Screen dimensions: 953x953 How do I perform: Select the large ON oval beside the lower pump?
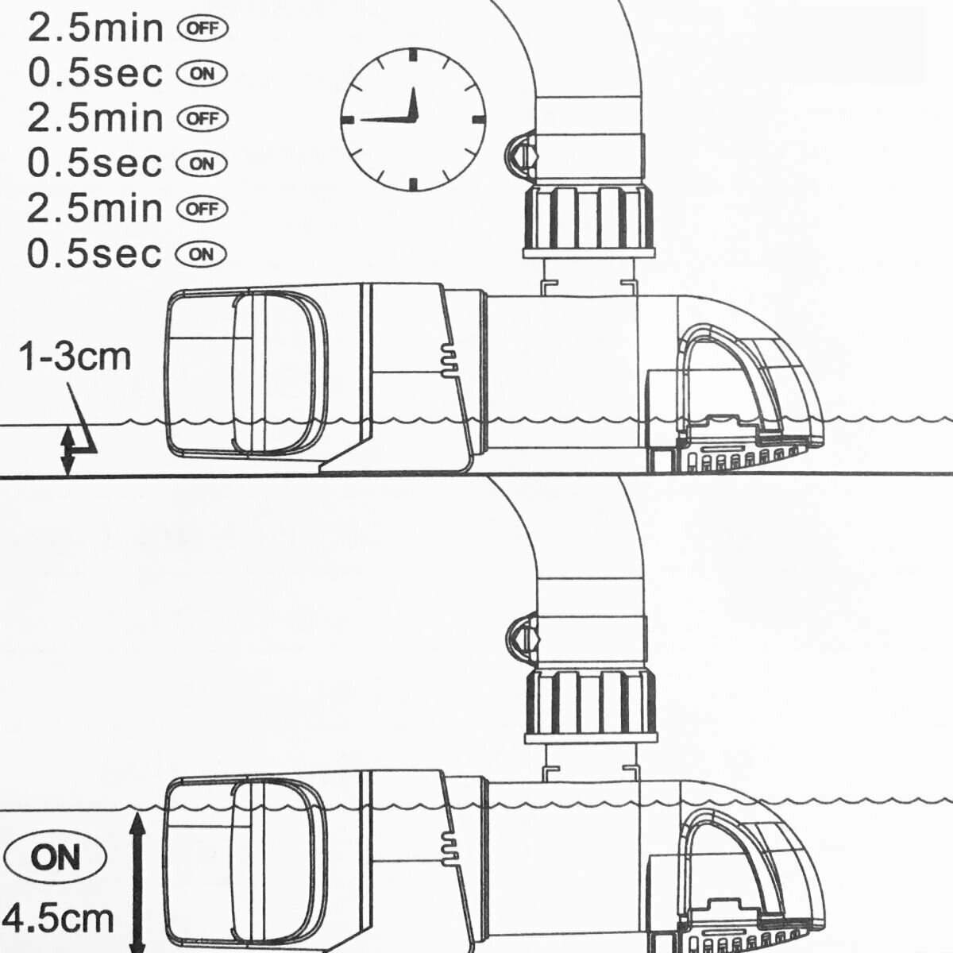point(56,858)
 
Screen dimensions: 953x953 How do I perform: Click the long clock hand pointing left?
point(385,119)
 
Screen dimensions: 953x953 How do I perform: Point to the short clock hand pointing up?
point(413,103)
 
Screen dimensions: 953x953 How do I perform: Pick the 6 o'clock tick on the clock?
point(413,184)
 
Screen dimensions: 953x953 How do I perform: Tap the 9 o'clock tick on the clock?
point(349,119)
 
